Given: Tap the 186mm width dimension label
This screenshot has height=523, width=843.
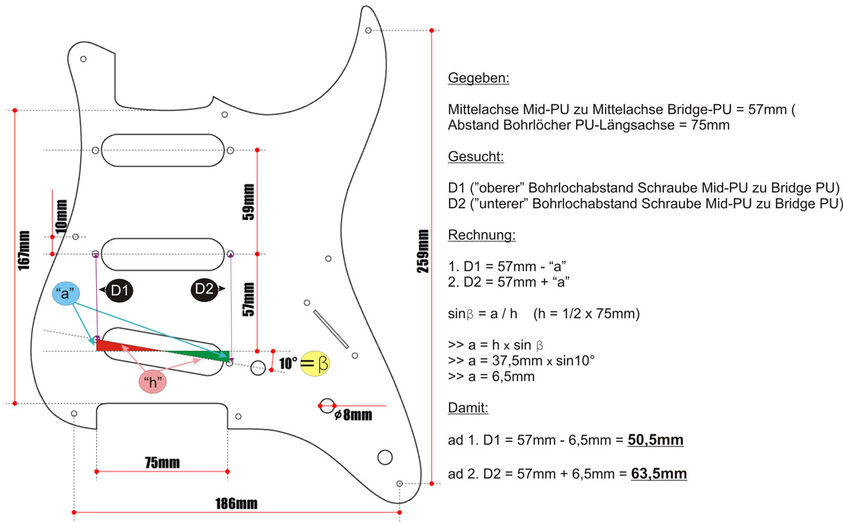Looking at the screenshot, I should click(x=236, y=503).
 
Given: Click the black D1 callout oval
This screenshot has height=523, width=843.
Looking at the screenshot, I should click(x=117, y=290).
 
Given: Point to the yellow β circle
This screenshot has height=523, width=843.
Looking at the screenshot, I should click(x=316, y=363).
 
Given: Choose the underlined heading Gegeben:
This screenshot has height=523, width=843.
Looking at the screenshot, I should click(x=478, y=78).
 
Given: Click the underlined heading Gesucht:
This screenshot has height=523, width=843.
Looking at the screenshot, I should click(x=476, y=156).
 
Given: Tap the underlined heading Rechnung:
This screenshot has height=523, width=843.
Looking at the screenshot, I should click(x=481, y=234).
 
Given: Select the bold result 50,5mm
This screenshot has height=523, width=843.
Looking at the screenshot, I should click(x=655, y=441).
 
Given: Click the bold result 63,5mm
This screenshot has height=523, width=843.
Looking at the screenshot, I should click(x=658, y=474).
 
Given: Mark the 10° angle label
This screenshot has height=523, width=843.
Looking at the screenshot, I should click(x=288, y=363).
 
